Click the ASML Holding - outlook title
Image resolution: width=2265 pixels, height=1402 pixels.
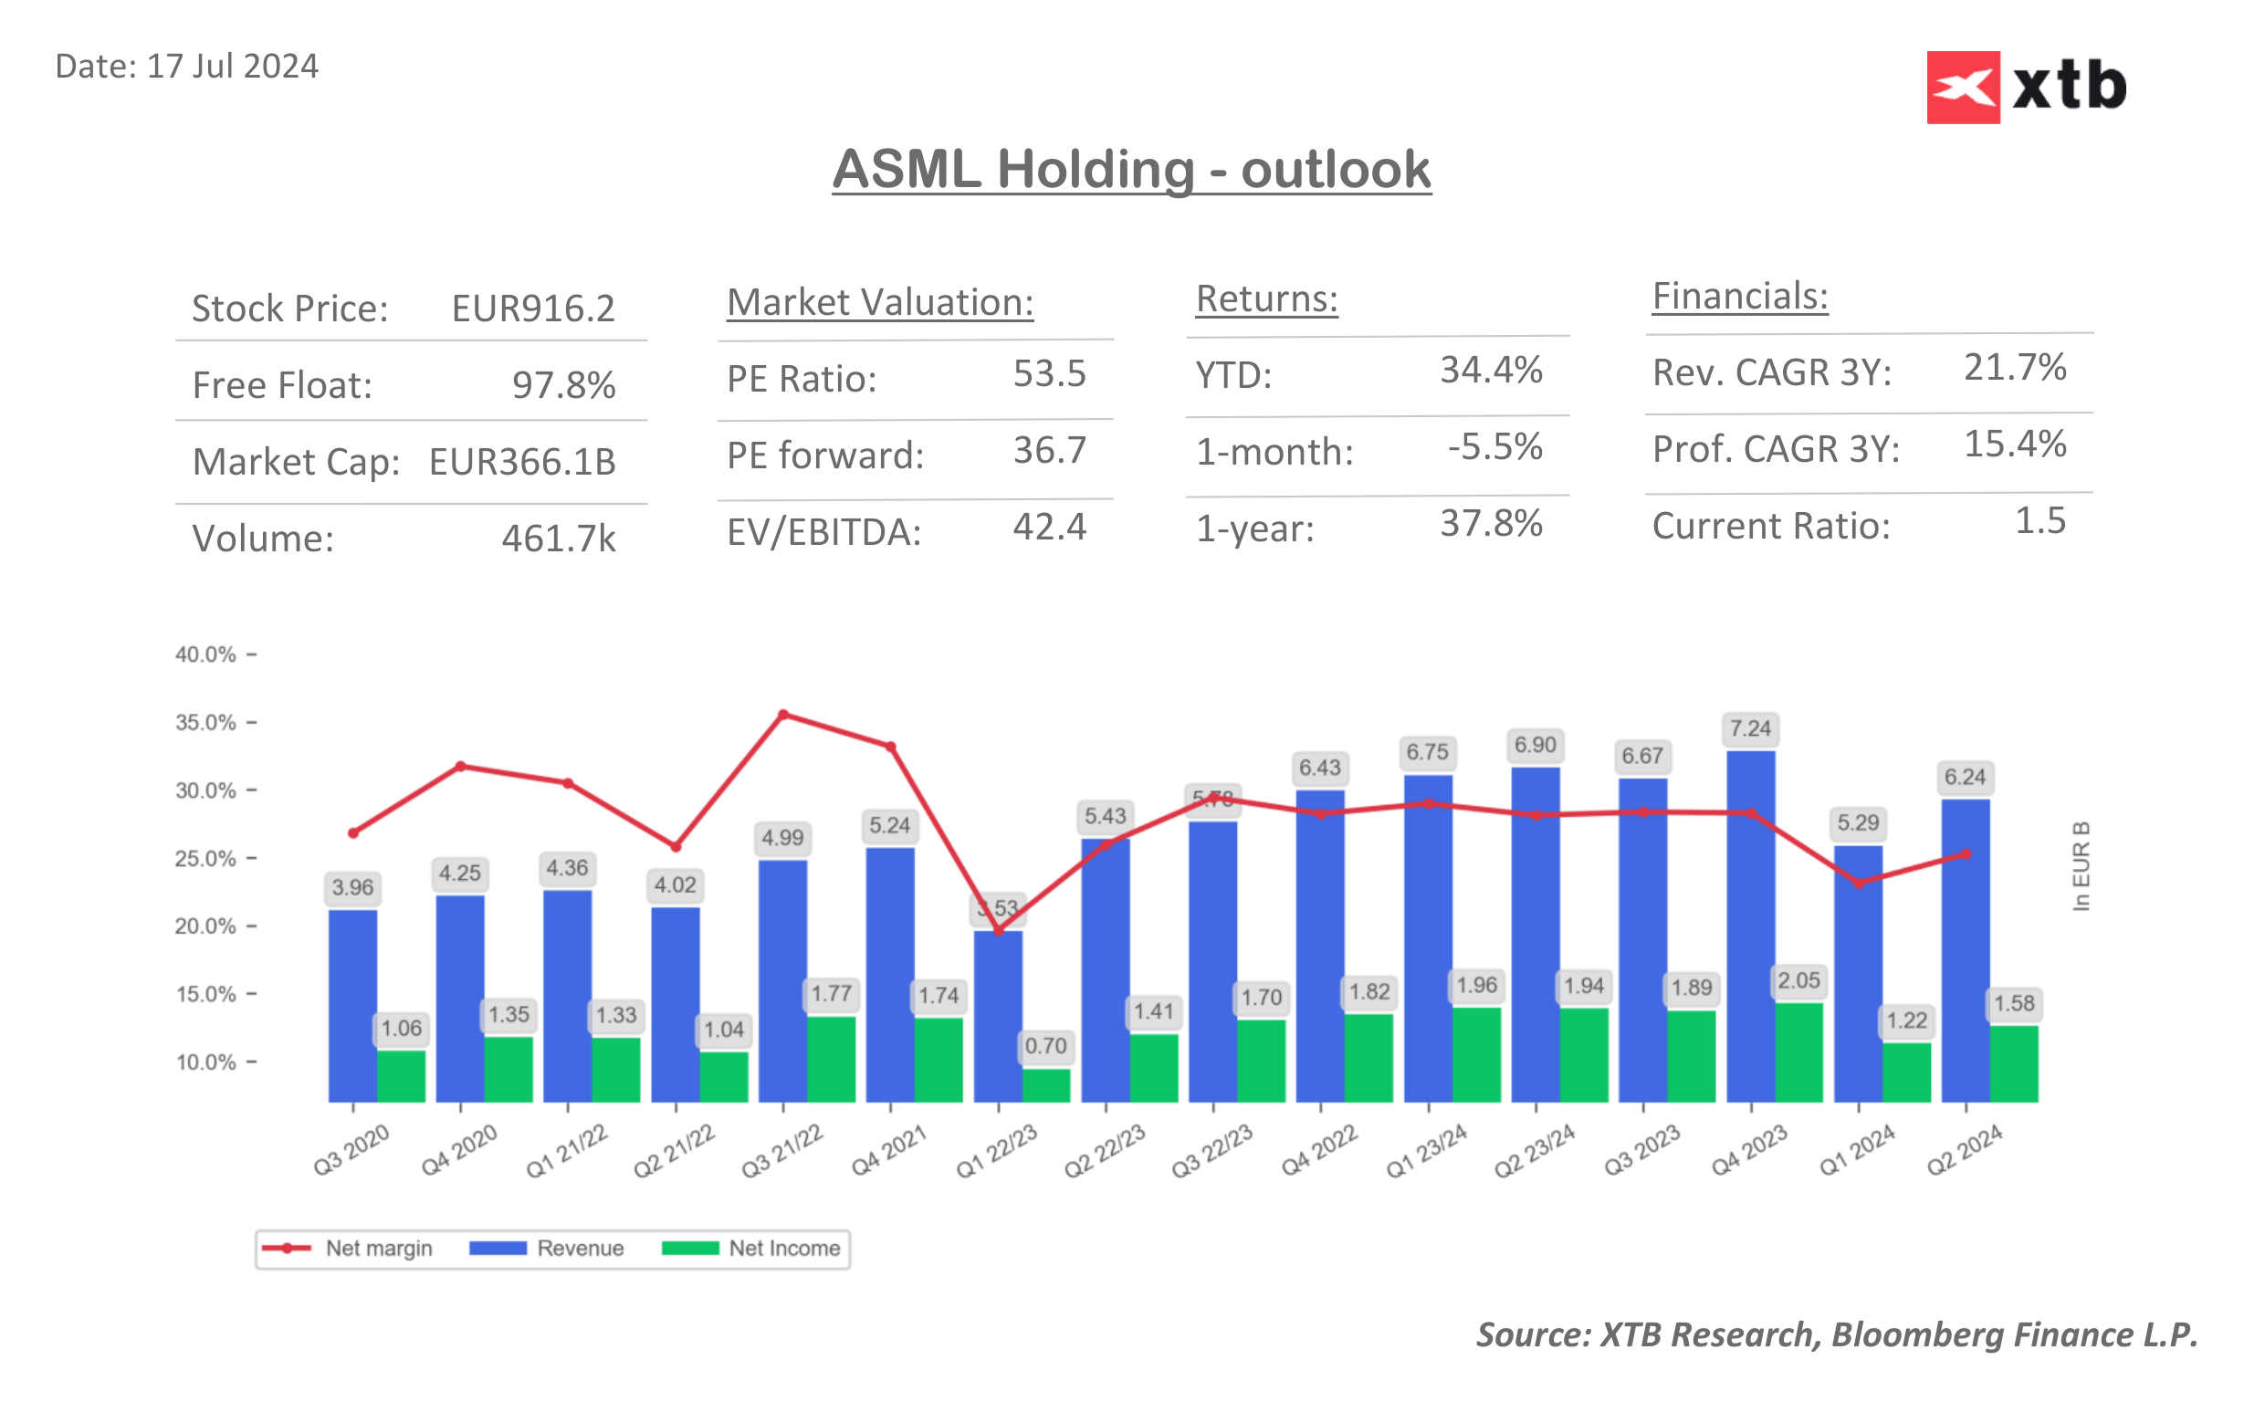coord(1130,170)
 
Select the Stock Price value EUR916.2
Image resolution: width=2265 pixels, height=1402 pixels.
coord(532,309)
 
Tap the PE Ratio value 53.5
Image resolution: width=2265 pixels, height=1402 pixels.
coord(1049,373)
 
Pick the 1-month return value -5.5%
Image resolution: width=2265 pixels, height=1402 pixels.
coord(1494,447)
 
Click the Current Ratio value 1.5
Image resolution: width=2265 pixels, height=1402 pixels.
coord(2039,521)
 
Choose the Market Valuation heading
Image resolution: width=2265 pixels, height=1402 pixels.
coord(879,302)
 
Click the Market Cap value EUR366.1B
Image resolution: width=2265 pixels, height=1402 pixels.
coord(522,462)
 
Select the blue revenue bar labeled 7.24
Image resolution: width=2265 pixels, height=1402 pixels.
coord(1749,927)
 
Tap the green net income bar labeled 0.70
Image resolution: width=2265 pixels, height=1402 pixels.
coord(1046,1085)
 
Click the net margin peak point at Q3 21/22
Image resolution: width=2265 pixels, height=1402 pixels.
coord(783,715)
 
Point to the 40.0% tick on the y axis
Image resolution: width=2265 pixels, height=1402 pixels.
coord(205,654)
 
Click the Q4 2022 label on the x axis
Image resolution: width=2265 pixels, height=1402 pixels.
coord(1318,1150)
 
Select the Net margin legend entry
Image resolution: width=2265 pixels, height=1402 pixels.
coord(348,1248)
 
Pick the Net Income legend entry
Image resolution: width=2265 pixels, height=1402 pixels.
coord(752,1248)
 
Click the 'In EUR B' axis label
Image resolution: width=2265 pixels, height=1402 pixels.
coord(2080,866)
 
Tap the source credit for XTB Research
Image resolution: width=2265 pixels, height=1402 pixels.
coord(1836,1334)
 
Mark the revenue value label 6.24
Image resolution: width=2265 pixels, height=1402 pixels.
coord(1964,777)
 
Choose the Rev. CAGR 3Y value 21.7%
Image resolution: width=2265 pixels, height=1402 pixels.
coord(2014,368)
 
